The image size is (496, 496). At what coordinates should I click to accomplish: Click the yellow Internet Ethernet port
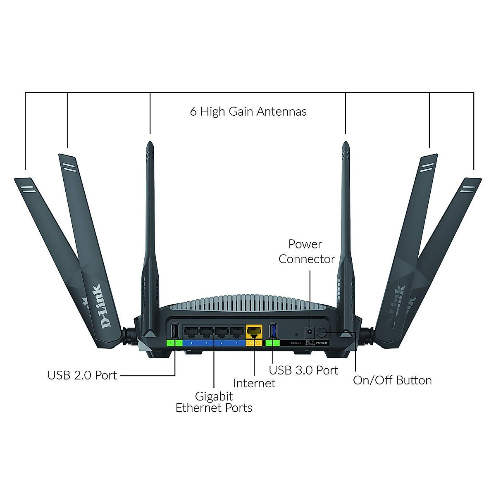tap(254, 331)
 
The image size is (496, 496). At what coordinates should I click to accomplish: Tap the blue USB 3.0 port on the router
tap(273, 331)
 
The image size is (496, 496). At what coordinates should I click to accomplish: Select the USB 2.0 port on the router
tap(174, 331)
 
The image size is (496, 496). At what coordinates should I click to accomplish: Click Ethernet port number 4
tap(191, 331)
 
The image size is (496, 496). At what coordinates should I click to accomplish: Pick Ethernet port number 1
tap(236, 331)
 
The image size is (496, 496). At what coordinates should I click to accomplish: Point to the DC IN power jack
tap(309, 332)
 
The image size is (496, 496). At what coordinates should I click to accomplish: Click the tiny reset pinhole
tap(296, 334)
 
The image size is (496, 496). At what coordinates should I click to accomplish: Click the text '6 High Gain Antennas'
tap(248, 112)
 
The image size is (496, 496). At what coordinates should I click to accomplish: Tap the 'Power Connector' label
tap(306, 252)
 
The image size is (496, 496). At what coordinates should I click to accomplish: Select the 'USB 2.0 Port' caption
tap(82, 375)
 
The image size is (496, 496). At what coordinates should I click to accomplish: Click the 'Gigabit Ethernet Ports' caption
tap(214, 402)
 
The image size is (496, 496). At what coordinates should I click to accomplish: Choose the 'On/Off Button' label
tap(392, 380)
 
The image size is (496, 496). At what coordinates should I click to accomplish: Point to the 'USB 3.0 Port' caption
tap(303, 370)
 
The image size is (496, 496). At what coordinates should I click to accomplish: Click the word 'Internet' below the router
tap(254, 383)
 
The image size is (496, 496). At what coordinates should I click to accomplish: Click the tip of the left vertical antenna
tap(150, 144)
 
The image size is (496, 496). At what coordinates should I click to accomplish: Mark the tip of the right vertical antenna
tap(345, 144)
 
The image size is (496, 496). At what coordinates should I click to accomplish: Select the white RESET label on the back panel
tap(296, 343)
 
